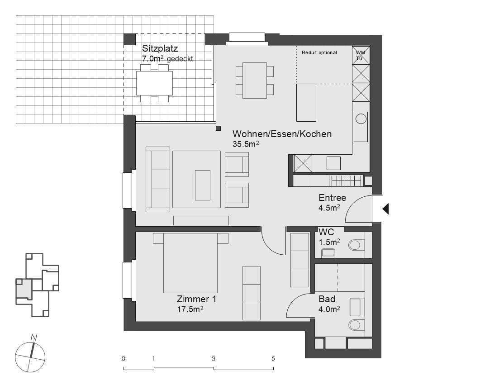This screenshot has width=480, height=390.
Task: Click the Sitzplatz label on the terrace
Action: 160,48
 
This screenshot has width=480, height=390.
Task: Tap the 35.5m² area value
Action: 245,144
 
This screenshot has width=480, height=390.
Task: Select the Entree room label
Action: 332,198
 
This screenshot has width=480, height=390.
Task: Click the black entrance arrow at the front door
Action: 386,209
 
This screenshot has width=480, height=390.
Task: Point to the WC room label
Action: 326,232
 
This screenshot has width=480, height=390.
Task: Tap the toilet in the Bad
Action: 357,325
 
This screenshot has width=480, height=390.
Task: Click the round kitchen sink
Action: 361,119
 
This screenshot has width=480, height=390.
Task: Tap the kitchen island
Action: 306,102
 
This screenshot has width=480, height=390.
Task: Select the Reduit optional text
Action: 319,53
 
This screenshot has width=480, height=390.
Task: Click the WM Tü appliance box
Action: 361,55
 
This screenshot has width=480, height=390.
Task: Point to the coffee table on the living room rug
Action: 202,185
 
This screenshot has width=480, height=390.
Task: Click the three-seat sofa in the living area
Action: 158,179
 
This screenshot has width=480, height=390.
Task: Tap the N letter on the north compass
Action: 33,337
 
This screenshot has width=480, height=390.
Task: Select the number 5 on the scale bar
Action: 273,359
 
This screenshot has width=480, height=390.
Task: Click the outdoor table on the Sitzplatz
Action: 154,83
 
